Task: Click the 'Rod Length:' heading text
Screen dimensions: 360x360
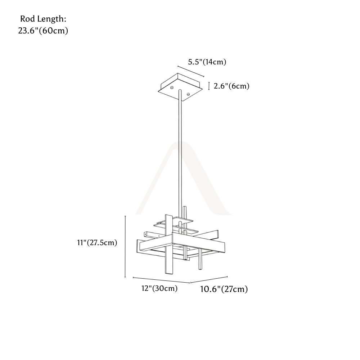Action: pos(43,19)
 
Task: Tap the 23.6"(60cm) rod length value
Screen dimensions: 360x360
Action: pos(43,31)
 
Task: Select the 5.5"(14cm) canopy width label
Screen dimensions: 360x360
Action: pos(207,62)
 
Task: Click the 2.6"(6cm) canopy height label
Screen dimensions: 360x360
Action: pos(231,86)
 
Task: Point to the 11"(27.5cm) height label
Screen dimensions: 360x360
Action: pos(97,243)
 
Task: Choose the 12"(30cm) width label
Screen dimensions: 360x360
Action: pos(159,288)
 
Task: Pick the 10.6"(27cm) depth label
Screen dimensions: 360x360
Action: pos(224,289)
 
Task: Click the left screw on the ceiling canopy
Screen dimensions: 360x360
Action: pos(171,87)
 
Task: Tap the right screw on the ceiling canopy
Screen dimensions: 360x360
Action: pos(188,94)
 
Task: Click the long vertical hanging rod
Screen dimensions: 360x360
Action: pos(180,152)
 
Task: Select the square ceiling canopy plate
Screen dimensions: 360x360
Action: pos(180,87)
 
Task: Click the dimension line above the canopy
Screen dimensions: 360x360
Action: pos(191,71)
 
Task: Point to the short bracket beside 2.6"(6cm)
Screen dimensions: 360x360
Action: pos(209,86)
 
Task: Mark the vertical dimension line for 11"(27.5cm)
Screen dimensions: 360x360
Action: pos(125,247)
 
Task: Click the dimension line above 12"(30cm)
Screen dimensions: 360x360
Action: pos(161,280)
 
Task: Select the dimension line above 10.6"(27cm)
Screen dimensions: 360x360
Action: pos(209,279)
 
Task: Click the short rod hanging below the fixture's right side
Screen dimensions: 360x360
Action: pos(200,259)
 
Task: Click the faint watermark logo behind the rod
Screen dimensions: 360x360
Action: pos(184,178)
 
